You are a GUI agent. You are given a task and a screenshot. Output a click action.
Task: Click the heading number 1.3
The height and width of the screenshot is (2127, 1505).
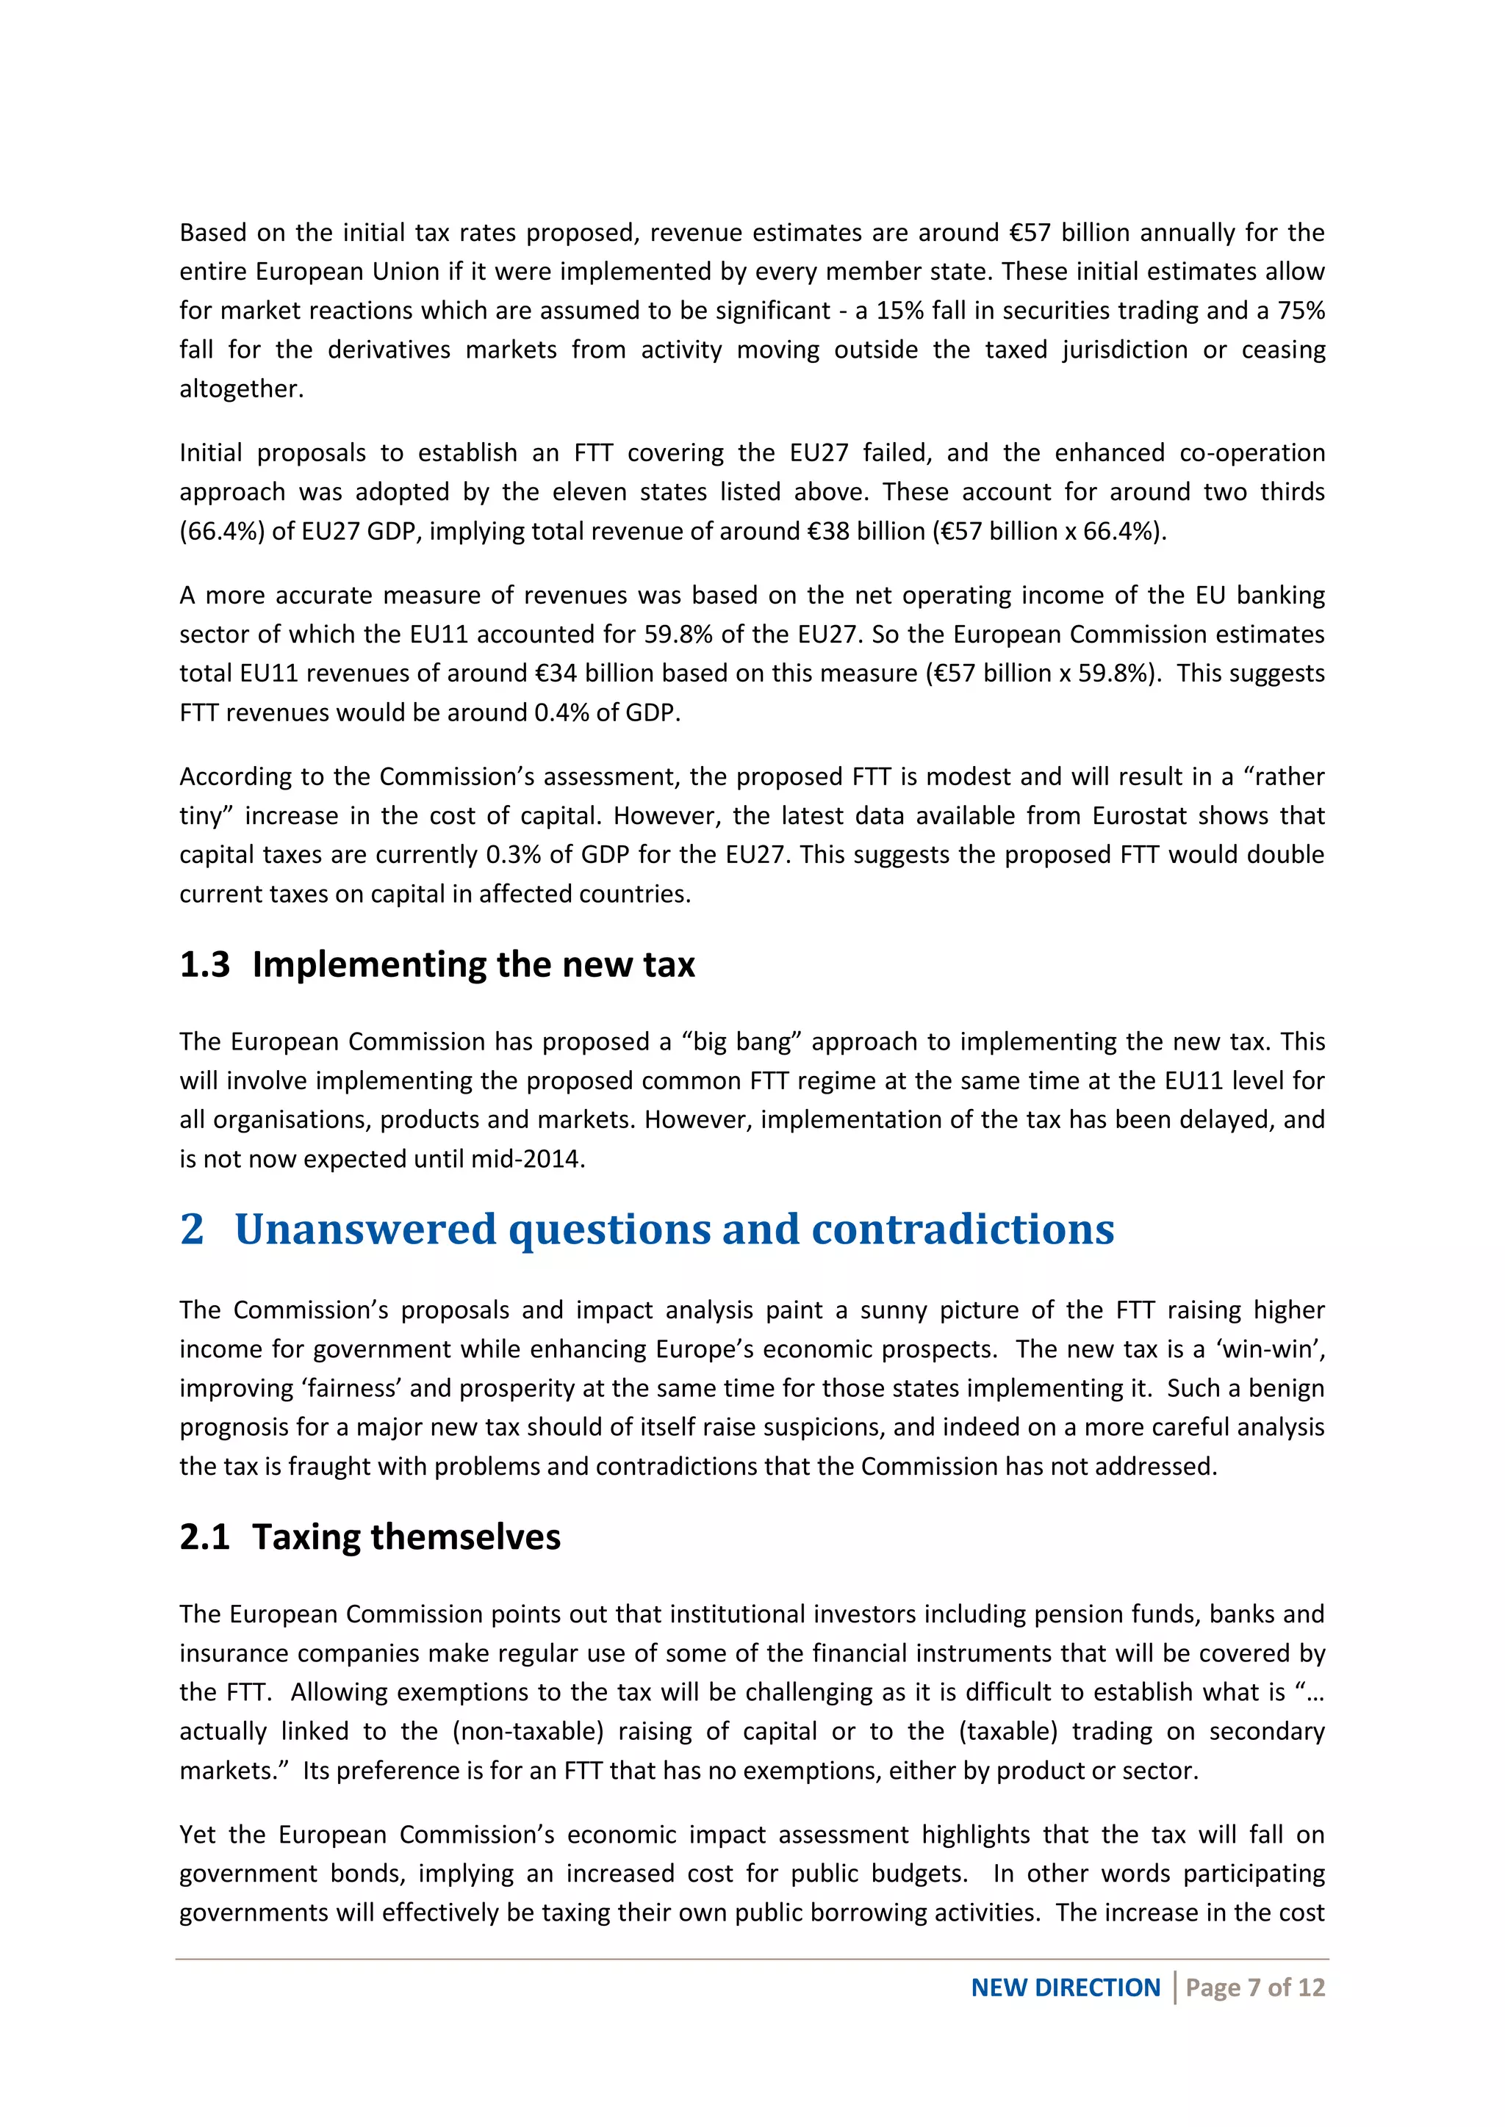[205, 964]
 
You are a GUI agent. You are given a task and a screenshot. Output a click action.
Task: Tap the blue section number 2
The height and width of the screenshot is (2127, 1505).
[192, 1229]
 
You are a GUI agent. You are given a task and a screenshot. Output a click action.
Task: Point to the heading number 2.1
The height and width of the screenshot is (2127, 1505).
[205, 1537]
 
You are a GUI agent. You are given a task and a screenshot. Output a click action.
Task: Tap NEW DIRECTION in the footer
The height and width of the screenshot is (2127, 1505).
[1065, 1987]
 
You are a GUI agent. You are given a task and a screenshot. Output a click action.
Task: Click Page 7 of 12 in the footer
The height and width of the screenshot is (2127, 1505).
[1255, 1987]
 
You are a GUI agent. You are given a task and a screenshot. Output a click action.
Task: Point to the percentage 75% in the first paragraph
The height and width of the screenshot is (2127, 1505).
[1301, 311]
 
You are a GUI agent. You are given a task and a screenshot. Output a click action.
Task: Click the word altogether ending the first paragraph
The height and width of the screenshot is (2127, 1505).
[240, 389]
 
